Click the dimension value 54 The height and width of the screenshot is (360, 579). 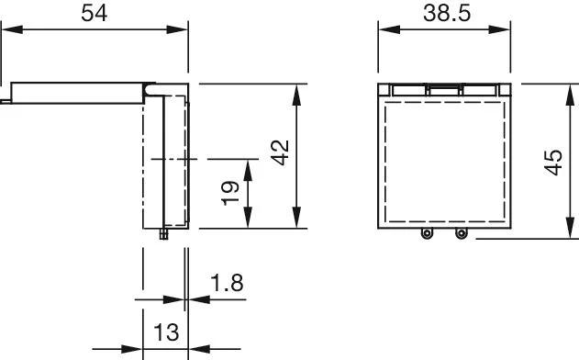95,13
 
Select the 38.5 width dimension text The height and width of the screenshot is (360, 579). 447,13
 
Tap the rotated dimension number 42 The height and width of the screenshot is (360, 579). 281,152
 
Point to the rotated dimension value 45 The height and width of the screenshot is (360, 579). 553,163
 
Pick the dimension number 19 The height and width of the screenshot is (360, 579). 230,193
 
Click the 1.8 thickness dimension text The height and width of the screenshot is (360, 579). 227,283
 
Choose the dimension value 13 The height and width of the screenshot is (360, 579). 166,332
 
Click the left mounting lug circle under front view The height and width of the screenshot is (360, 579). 427,233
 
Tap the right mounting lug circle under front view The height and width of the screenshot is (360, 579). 461,233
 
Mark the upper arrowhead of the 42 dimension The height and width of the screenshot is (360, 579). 296,95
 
